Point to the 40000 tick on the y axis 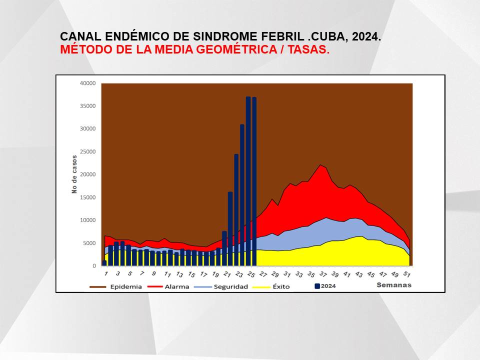click(x=88, y=83)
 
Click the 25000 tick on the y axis click(x=88, y=152)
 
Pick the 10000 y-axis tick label click(x=88, y=220)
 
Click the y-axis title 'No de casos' click(x=74, y=174)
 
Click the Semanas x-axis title click(x=394, y=285)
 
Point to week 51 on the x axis click(x=406, y=274)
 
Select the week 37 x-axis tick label click(x=322, y=274)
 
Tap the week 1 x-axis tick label click(x=106, y=273)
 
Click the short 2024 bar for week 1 click(x=104, y=263)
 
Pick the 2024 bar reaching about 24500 click(x=236, y=210)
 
